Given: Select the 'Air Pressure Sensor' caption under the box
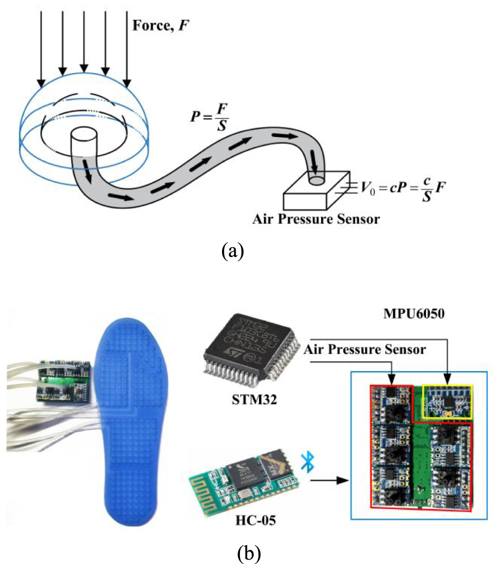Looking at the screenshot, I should click(316, 219).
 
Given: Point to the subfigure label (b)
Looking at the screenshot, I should click(249, 552).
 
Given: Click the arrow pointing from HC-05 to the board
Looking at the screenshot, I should click(330, 480).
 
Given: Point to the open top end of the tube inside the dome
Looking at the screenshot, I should click(85, 135).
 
